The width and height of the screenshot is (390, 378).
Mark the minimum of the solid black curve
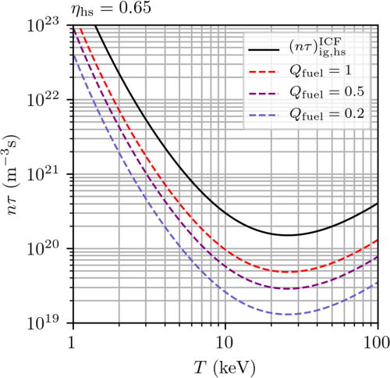click(287, 235)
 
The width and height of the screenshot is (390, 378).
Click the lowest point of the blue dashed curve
click(287, 314)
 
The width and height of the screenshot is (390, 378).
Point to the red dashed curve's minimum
click(287, 272)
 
